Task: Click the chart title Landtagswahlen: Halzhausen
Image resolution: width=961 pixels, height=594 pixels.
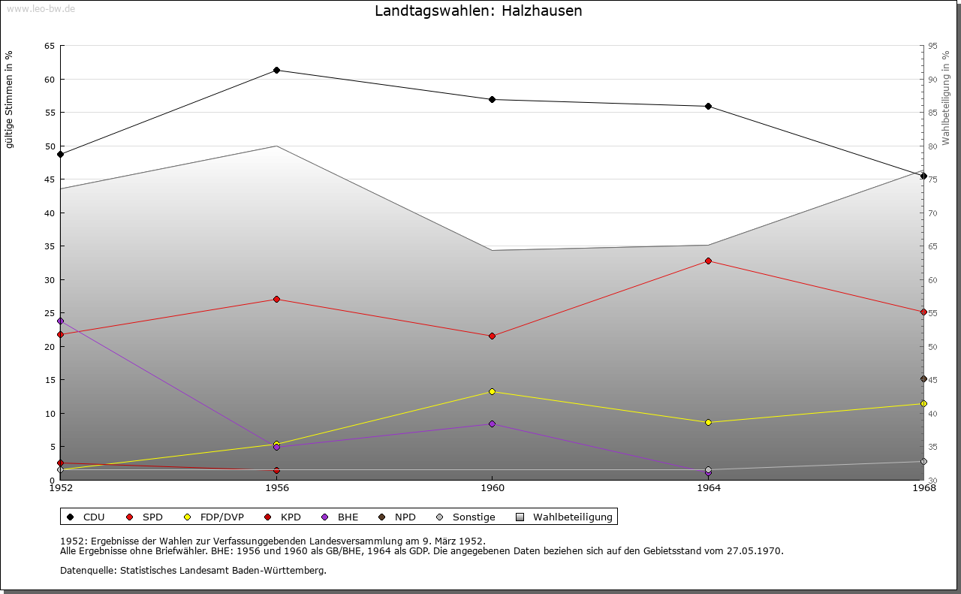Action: (x=478, y=11)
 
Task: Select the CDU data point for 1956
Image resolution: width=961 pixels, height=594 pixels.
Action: (x=277, y=71)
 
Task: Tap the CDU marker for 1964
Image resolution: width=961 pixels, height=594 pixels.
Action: (x=708, y=107)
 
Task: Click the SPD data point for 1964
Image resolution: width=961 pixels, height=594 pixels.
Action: (x=708, y=261)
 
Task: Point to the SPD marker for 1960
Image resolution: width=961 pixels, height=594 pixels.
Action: (x=493, y=336)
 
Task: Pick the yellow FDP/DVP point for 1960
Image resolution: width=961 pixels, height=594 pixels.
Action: (x=493, y=392)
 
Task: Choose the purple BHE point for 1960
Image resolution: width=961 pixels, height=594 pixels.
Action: (x=493, y=424)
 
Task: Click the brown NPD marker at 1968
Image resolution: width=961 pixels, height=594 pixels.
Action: (x=923, y=379)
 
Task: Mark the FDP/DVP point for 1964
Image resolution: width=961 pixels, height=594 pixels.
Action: (x=708, y=423)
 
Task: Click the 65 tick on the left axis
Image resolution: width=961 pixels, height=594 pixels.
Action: (x=50, y=47)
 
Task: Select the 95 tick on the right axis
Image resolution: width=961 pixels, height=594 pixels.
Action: (x=932, y=47)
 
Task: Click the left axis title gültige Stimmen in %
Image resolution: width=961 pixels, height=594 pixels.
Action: (x=10, y=99)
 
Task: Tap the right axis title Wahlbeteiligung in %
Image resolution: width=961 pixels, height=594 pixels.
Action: (x=946, y=98)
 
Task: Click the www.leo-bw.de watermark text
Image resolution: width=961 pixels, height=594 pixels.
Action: (x=40, y=7)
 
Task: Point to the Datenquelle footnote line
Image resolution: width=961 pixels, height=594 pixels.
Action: (x=193, y=571)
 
